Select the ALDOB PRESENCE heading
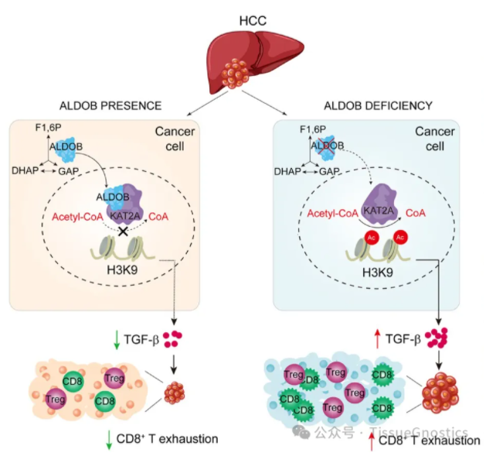coord(110,106)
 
